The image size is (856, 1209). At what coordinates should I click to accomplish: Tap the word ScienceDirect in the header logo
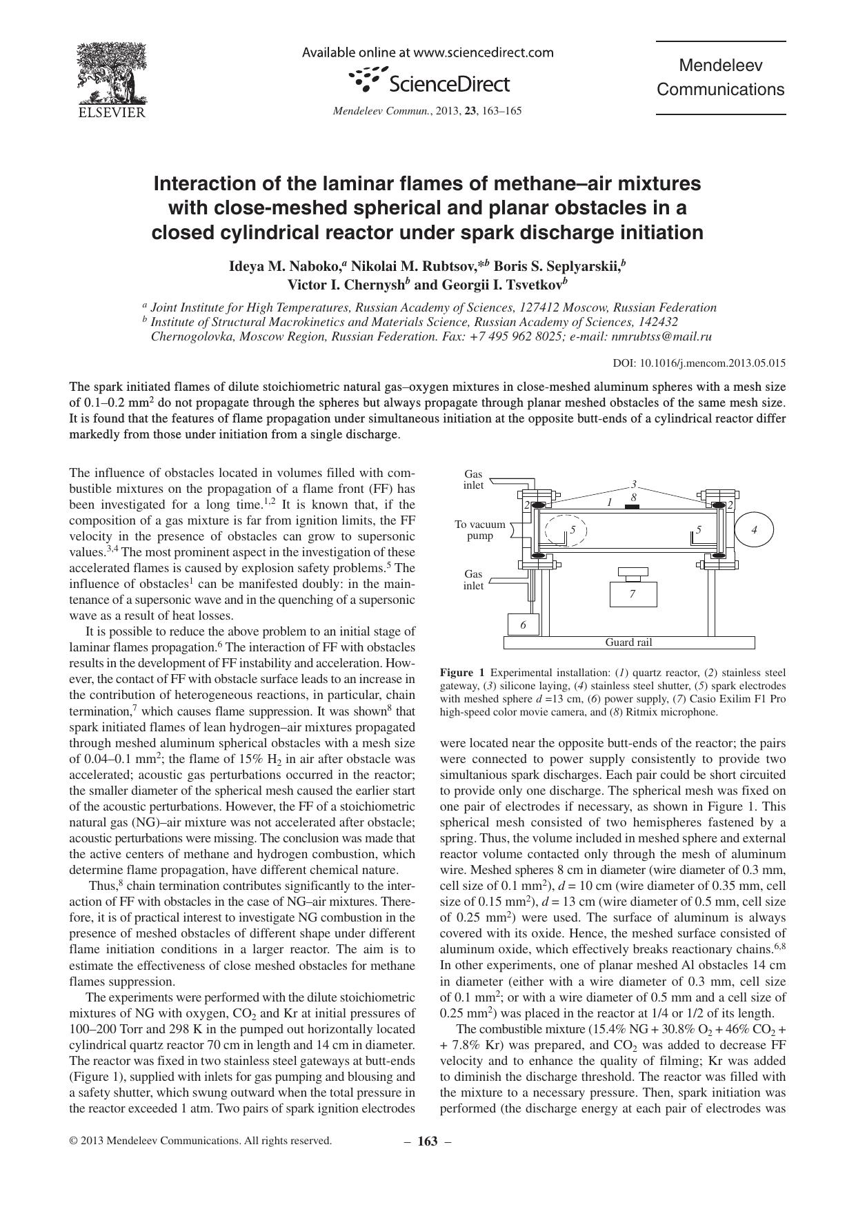pyautogui.click(x=449, y=84)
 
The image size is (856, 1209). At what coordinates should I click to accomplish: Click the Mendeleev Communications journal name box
pyautogui.click(x=720, y=78)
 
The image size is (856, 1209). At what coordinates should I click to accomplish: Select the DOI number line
pyautogui.click(x=699, y=363)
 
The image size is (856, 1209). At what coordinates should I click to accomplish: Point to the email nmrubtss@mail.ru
pyautogui.click(x=661, y=337)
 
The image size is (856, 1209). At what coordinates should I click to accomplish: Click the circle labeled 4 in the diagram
pyautogui.click(x=754, y=530)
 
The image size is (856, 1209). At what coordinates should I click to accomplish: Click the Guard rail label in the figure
pyautogui.click(x=628, y=642)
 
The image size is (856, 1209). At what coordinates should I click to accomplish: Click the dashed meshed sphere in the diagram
pyautogui.click(x=566, y=531)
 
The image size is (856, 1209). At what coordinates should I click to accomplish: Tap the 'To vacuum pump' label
pyautogui.click(x=479, y=530)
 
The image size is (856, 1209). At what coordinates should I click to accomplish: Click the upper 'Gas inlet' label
pyautogui.click(x=473, y=479)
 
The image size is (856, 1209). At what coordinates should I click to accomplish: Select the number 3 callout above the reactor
pyautogui.click(x=634, y=484)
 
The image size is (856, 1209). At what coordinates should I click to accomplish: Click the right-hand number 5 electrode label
pyautogui.click(x=699, y=529)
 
